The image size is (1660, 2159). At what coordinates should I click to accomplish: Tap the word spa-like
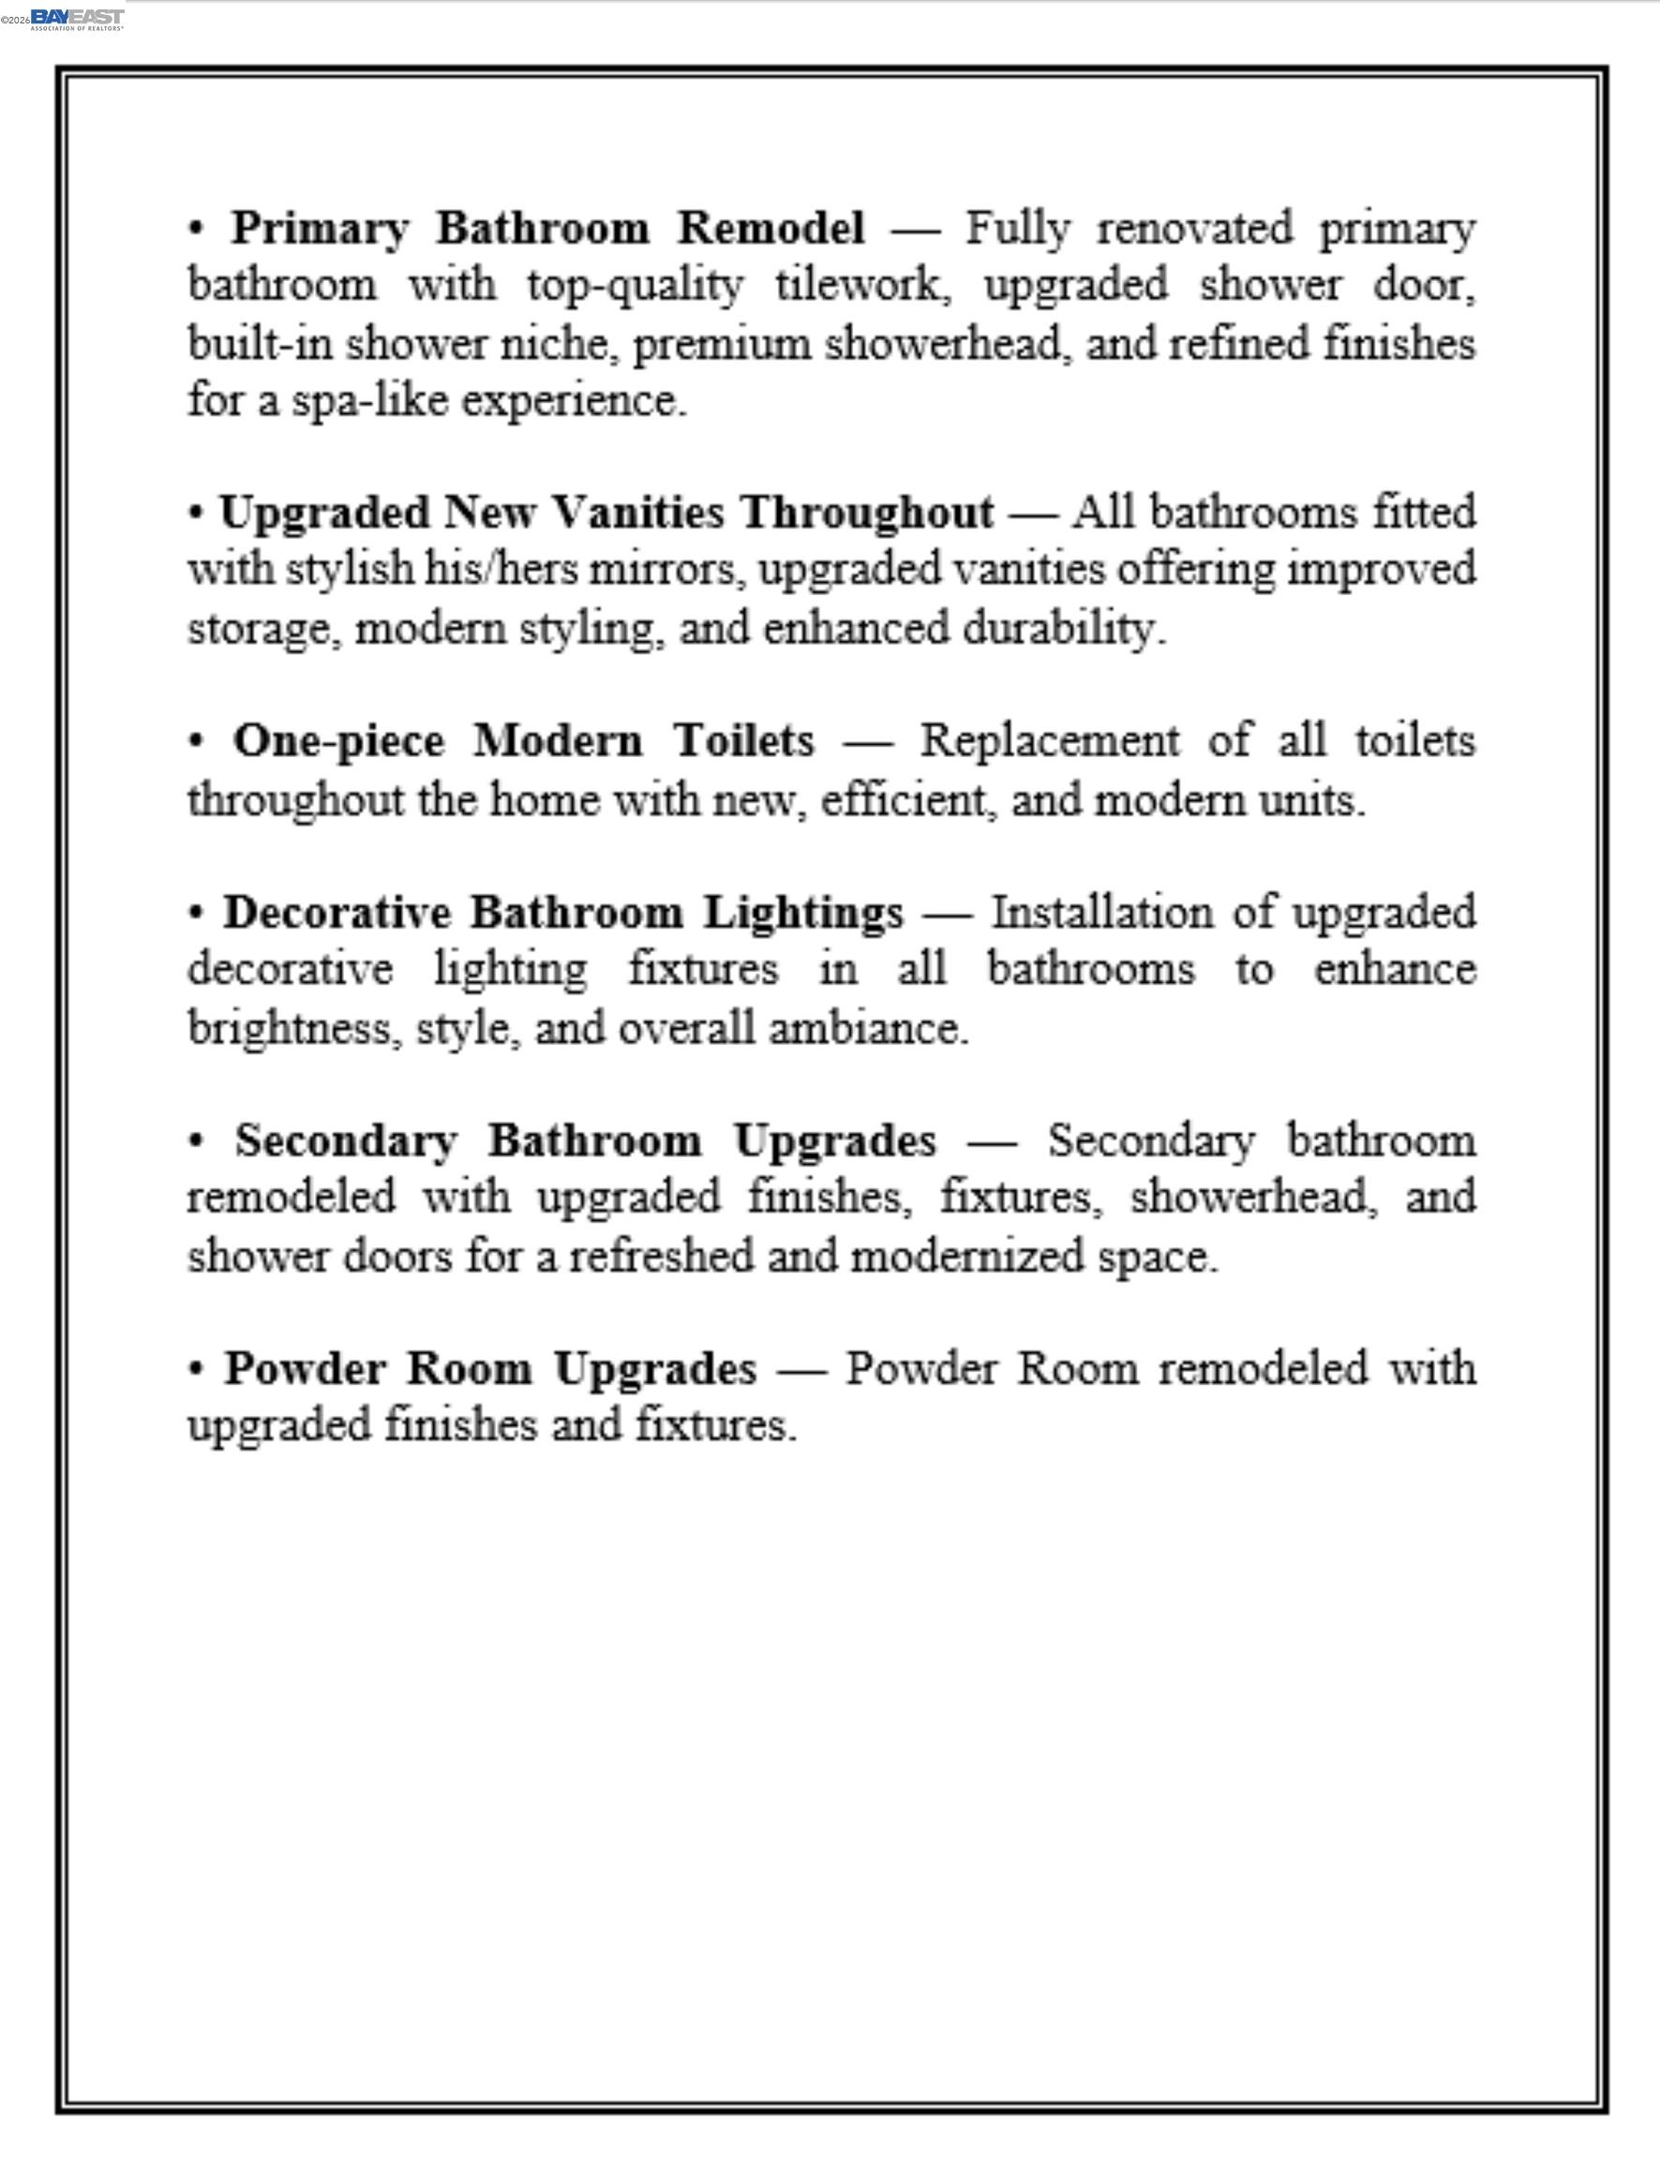368,401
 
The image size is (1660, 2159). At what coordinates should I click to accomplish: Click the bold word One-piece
338,740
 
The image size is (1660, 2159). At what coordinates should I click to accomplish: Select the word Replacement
1050,740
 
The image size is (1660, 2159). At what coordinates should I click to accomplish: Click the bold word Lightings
802,913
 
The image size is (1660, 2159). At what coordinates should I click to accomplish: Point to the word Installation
1101,913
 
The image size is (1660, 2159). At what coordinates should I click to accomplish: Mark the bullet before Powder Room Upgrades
198,1370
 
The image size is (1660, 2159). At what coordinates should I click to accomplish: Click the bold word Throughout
868,513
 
